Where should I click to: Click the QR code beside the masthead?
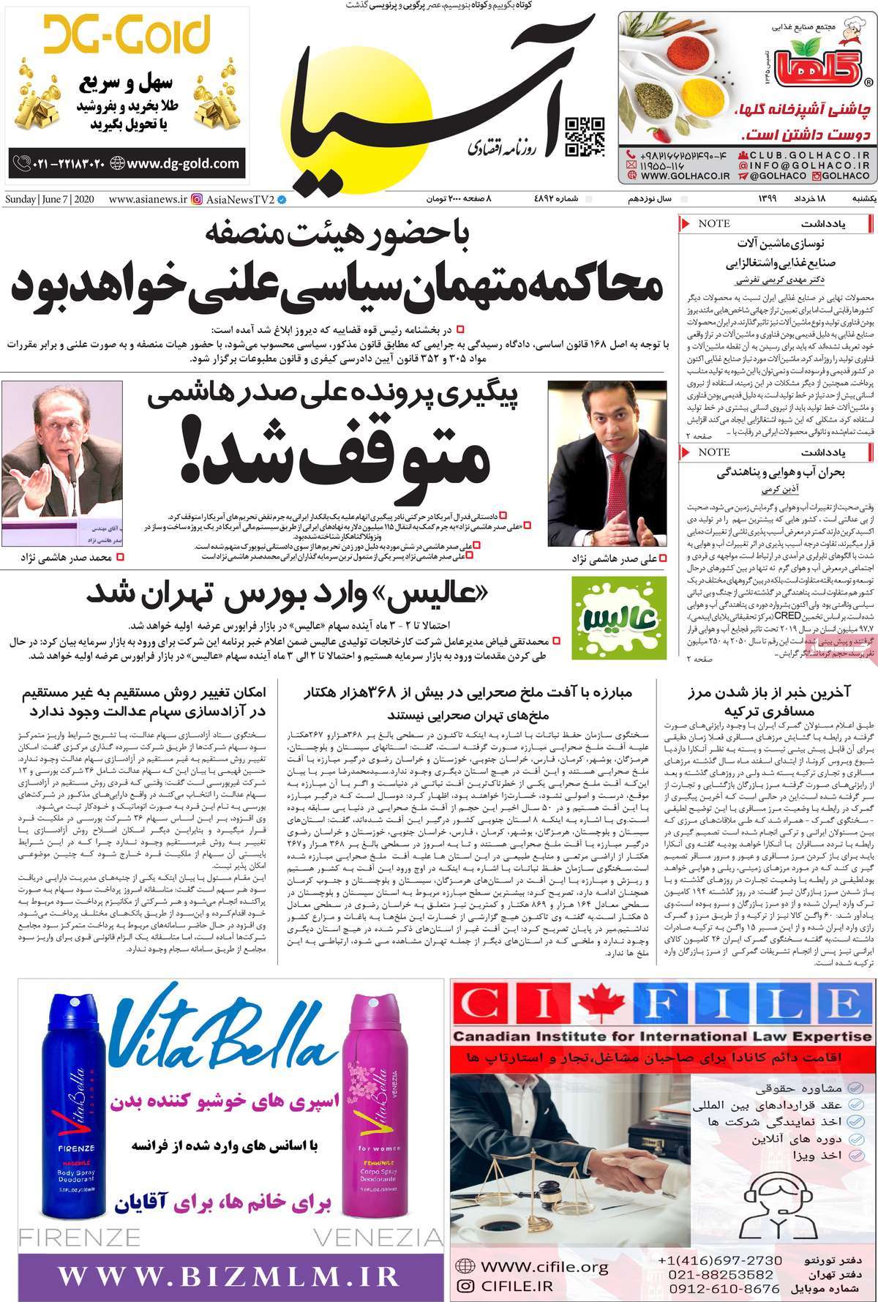point(585,137)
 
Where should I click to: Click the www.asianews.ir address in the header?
point(147,199)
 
